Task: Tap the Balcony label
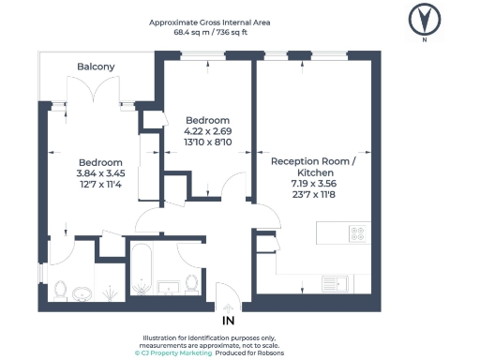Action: pyautogui.click(x=96, y=67)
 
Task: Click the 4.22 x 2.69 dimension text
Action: pyautogui.click(x=207, y=131)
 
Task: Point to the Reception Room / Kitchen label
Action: pyautogui.click(x=313, y=167)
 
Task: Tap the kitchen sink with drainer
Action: pyautogui.click(x=335, y=281)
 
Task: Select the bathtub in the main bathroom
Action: pyautogui.click(x=142, y=274)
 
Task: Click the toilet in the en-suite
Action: pyautogui.click(x=60, y=292)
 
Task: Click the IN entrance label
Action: pyautogui.click(x=227, y=321)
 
